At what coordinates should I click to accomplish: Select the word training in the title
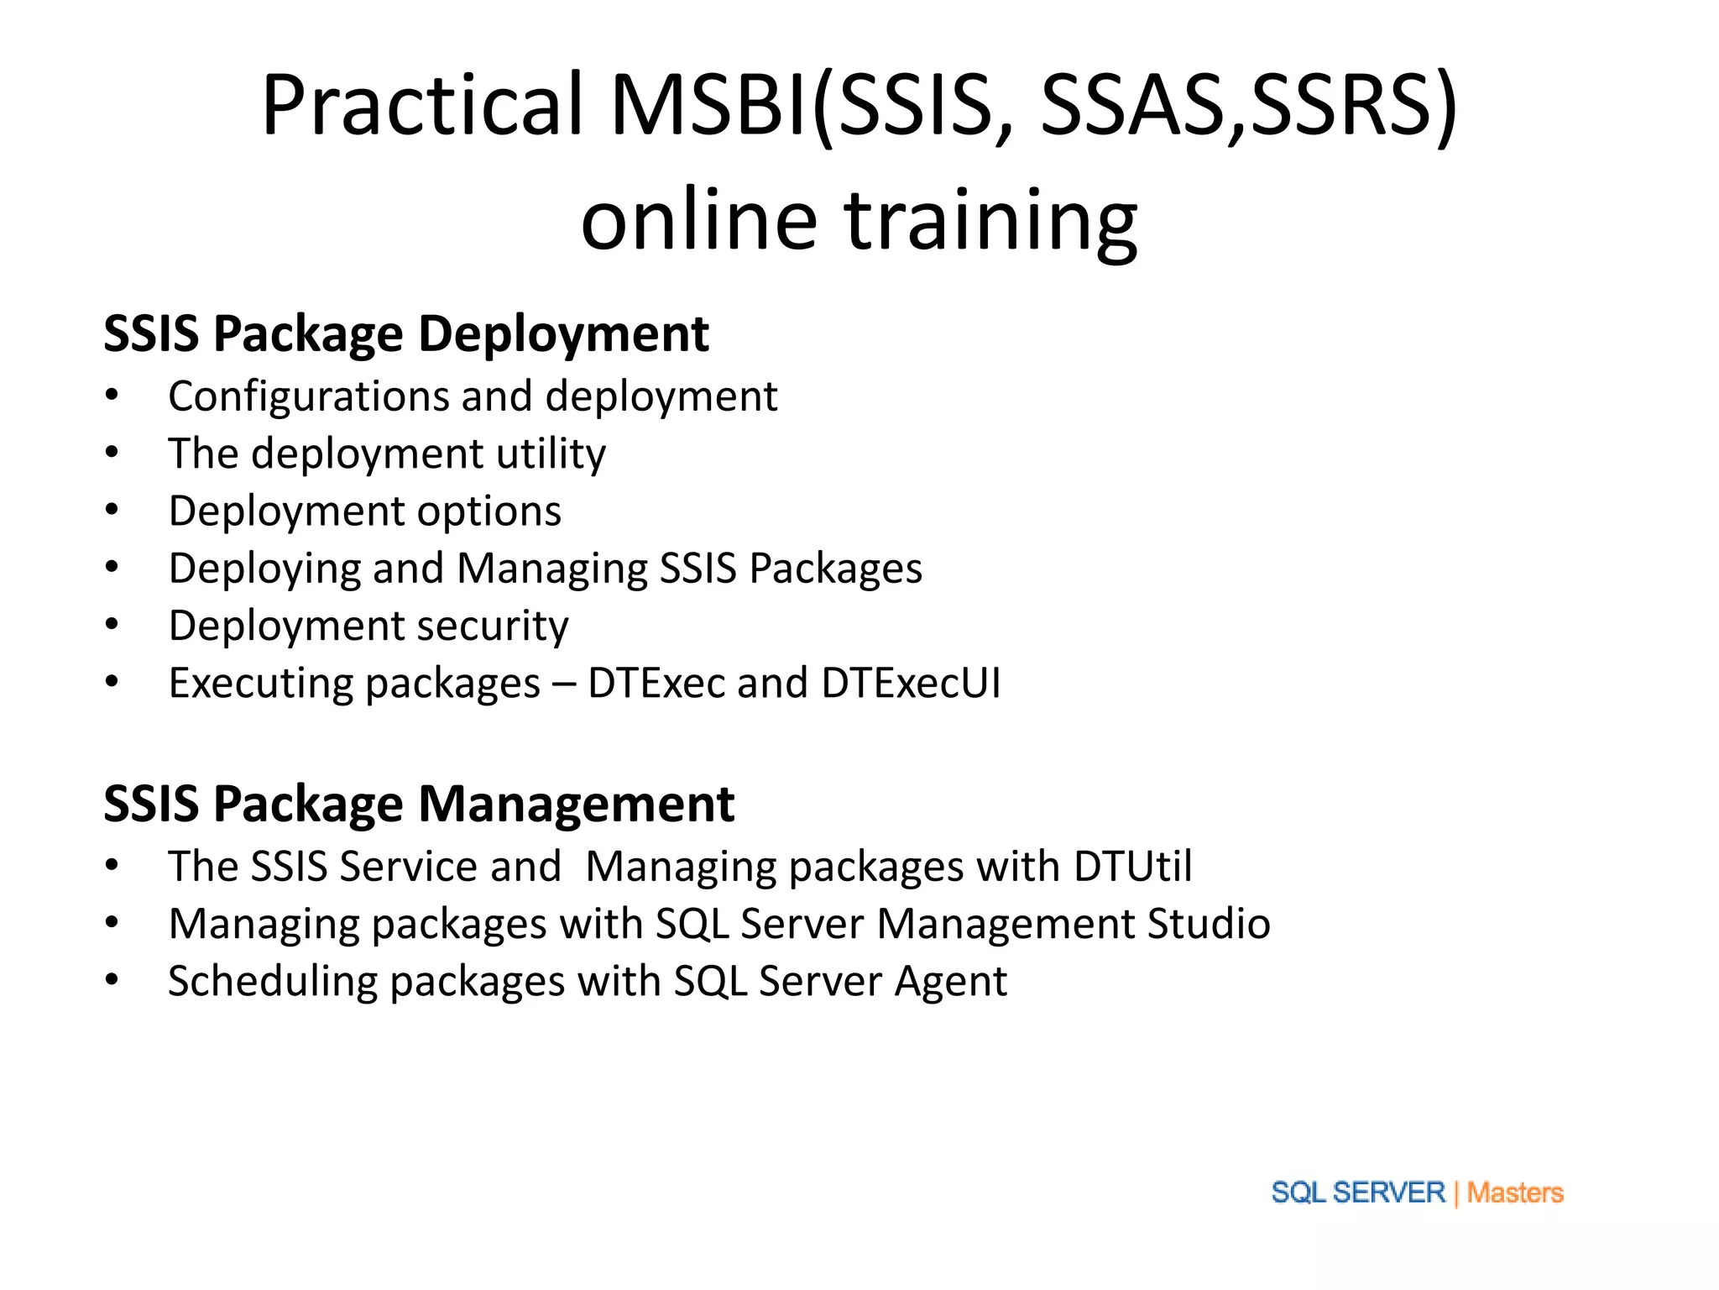[x=991, y=220]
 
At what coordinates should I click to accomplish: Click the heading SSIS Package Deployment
[x=406, y=333]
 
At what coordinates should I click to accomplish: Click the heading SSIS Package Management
[x=419, y=804]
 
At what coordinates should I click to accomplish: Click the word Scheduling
[x=272, y=981]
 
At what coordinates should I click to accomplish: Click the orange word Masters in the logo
[x=1515, y=1193]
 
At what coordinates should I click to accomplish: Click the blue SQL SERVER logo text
[x=1357, y=1193]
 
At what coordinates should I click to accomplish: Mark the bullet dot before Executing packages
[x=112, y=681]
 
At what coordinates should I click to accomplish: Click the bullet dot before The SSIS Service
[x=112, y=865]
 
